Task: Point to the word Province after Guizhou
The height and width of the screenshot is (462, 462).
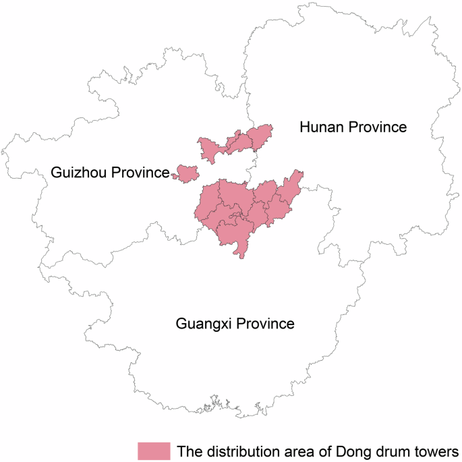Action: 138,173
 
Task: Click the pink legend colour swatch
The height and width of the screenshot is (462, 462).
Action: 154,450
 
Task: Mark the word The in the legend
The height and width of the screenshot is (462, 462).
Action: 188,451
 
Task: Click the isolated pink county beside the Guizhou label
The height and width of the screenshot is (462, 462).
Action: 185,173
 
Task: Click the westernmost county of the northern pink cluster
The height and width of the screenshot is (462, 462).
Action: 210,148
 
